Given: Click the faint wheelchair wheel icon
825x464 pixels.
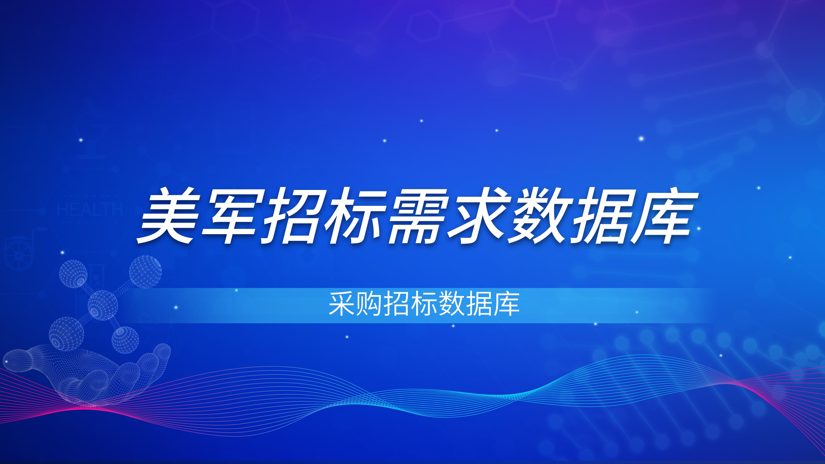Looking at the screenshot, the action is pyautogui.click(x=19, y=255).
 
